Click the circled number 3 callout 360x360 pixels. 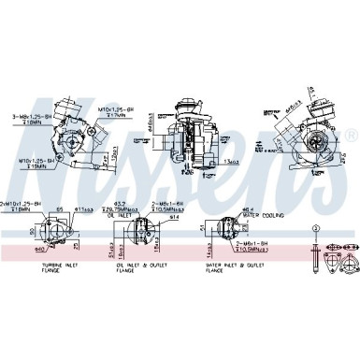coord(316,229)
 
